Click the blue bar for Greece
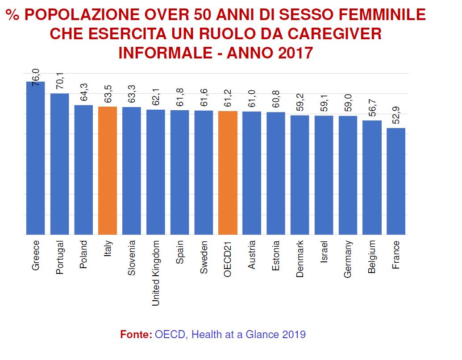point(36,158)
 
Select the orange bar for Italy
point(108,171)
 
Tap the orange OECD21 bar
point(228,173)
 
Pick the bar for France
point(396,181)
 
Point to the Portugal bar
point(59,164)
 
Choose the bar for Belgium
point(372,178)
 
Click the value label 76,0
point(36,77)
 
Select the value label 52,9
point(396,115)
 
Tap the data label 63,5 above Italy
point(108,94)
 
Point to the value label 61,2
point(228,98)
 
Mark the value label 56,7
point(372,108)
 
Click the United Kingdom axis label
point(156,273)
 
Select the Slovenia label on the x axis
point(131,258)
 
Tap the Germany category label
point(348,259)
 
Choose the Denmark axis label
point(300,259)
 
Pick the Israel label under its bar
point(324,252)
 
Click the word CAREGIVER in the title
point(335,33)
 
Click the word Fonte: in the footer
point(136,335)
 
